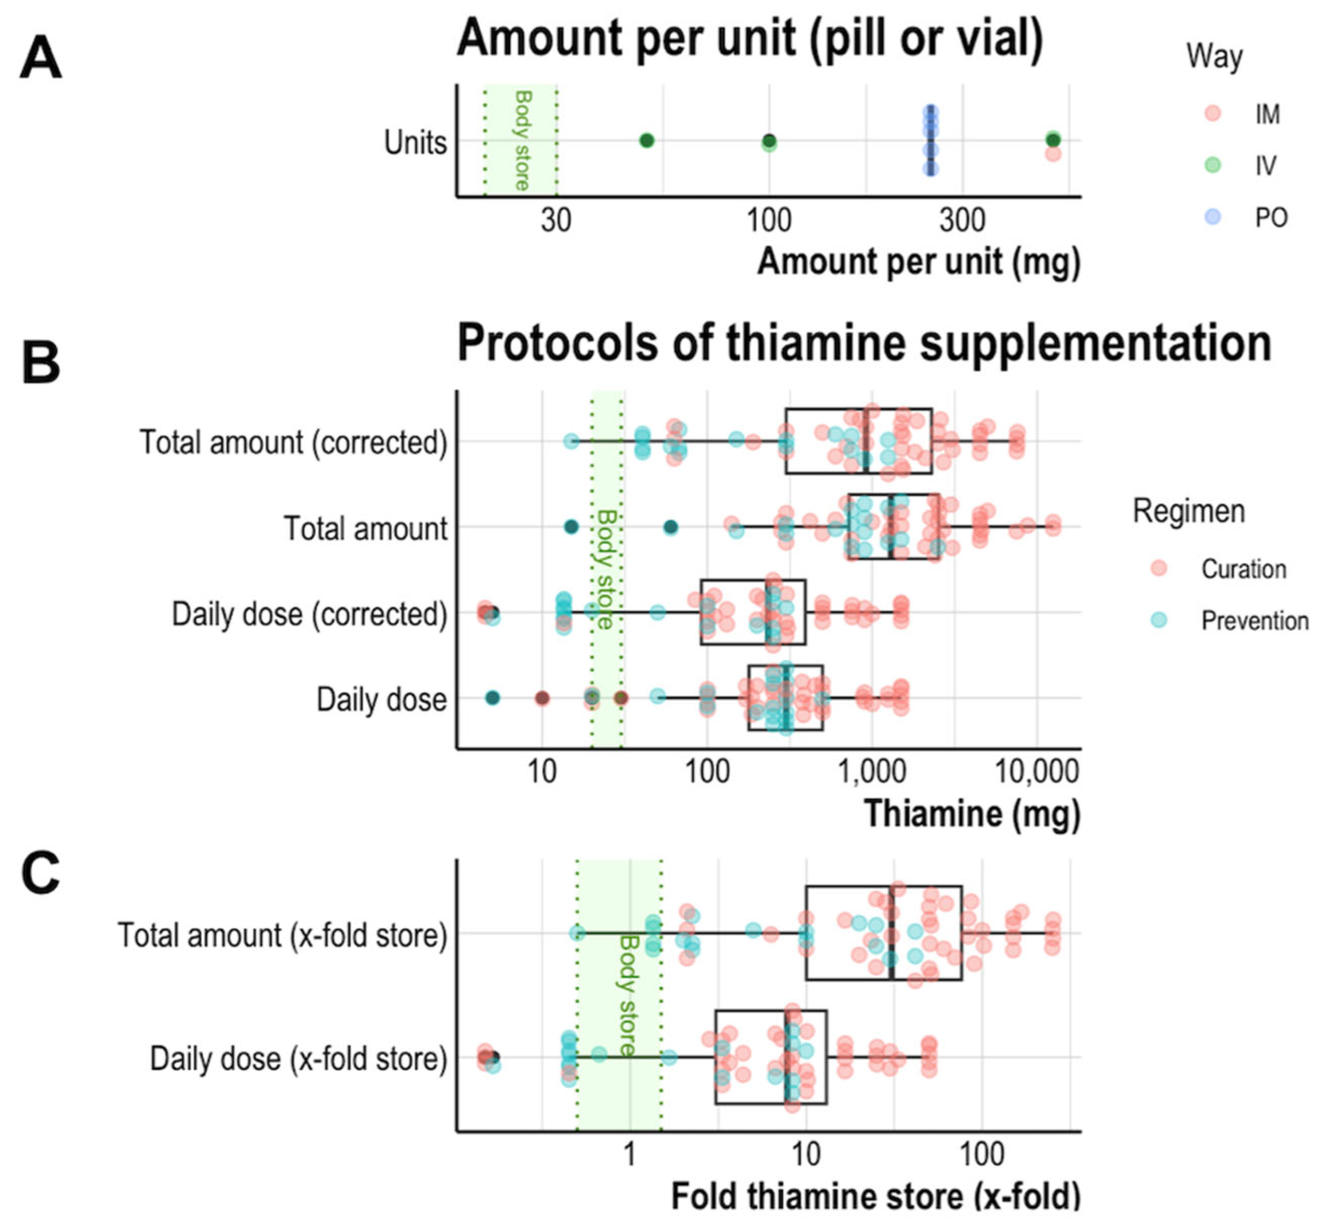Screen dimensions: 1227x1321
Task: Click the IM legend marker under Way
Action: [x=1212, y=113]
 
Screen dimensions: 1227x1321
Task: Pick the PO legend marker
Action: [x=1212, y=216]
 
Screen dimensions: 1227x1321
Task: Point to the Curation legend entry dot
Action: [x=1159, y=568]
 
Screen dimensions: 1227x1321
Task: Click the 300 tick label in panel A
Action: [x=962, y=220]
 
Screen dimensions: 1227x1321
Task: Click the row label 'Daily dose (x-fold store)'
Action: [x=299, y=1058]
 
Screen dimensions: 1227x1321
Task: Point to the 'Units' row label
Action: [x=415, y=142]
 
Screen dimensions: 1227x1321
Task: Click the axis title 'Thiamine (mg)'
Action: [x=972, y=813]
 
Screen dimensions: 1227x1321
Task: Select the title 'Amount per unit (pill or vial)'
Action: [x=750, y=38]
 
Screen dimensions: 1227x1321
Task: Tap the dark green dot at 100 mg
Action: [x=769, y=141]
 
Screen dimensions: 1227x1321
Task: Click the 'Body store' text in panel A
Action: [x=523, y=141]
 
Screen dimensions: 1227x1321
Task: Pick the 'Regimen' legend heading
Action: [x=1188, y=511]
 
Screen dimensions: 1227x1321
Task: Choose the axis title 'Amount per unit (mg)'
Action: [x=919, y=261]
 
